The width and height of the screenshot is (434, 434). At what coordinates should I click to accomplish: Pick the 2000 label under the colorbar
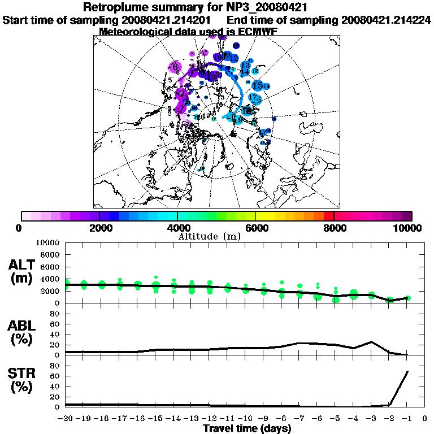(x=99, y=228)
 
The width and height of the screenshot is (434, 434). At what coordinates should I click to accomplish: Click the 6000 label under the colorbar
(x=256, y=228)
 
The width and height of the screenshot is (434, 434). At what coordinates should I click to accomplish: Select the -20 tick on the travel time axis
(x=66, y=419)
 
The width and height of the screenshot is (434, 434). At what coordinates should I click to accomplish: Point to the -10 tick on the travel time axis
(x=245, y=419)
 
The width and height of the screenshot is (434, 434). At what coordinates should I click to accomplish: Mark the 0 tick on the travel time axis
(x=425, y=419)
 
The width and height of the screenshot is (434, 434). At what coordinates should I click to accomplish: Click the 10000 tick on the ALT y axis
(x=49, y=242)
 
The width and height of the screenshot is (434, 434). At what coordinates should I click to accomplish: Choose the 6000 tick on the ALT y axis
(x=51, y=267)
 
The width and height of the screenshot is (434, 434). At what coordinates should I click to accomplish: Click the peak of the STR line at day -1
(x=408, y=371)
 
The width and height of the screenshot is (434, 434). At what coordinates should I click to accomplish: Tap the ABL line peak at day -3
(x=372, y=342)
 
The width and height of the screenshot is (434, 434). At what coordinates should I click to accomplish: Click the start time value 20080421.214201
(x=173, y=20)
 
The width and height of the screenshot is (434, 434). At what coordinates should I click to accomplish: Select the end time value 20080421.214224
(x=387, y=20)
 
